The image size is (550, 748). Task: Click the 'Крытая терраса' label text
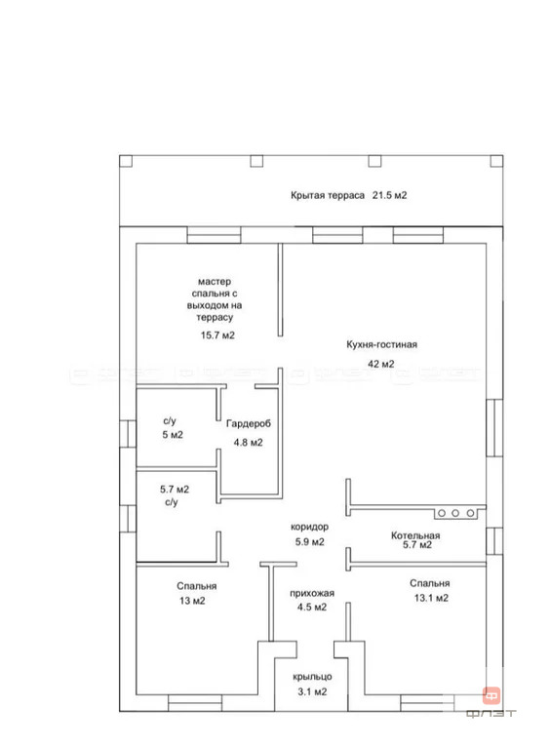pos(328,195)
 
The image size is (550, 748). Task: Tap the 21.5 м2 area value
pos(390,195)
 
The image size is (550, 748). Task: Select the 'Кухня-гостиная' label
pos(381,344)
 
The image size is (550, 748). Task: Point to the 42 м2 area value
pos(381,364)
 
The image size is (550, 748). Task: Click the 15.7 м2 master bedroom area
pos(217,335)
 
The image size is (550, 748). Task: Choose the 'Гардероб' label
pos(249,423)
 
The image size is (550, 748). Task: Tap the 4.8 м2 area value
pos(248,443)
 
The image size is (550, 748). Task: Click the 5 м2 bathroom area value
pos(173,435)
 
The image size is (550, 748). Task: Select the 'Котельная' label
pos(415,535)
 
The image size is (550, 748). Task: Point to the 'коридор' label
pos(309,528)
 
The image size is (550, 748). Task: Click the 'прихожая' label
pos(312,594)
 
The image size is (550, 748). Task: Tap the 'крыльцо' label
pos(312,677)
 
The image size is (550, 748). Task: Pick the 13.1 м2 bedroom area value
pos(431,598)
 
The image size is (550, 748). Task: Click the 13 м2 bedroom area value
pos(192,601)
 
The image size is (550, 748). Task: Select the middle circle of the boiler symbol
pos(455,513)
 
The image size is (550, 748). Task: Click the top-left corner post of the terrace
pos(126,161)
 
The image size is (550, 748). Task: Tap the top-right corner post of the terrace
pos(496,161)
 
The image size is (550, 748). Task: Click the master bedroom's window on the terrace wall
pos(214,235)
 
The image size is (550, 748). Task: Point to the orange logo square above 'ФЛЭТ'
pos(491,696)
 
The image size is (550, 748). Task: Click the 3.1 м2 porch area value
pos(312,691)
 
